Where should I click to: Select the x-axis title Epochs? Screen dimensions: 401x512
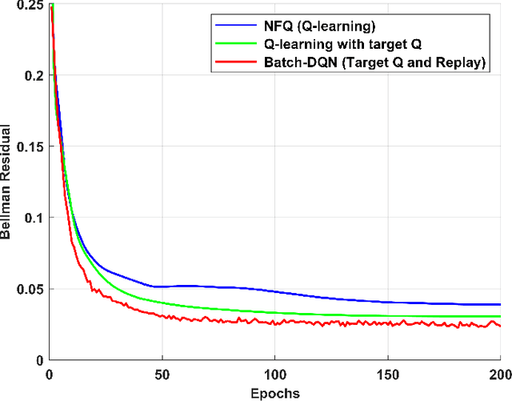[274, 393]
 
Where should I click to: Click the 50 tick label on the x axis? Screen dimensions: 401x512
[162, 374]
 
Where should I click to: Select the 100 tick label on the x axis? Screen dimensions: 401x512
[274, 374]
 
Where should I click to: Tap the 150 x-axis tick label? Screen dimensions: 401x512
[387, 374]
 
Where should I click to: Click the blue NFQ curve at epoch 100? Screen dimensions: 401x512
[274, 291]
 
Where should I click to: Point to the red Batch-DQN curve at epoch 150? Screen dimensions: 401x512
[387, 324]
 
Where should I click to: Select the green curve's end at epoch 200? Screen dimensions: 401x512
[499, 316]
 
